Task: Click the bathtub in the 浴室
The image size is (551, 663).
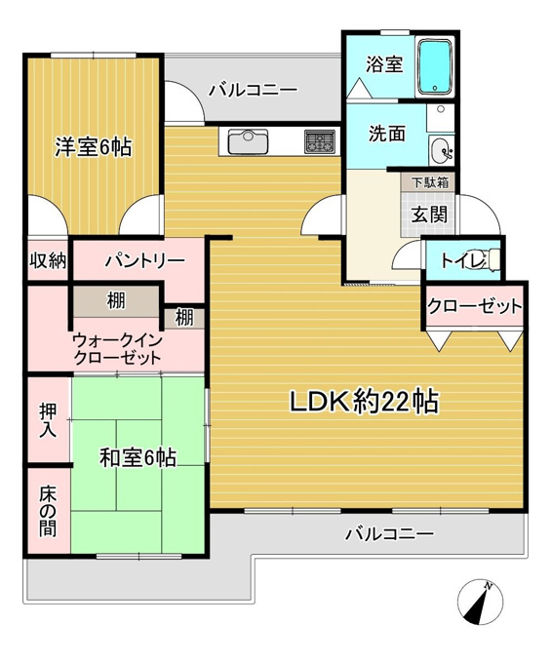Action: tap(435, 67)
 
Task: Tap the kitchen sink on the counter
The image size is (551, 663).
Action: tap(249, 141)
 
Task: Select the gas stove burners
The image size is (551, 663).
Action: tap(320, 141)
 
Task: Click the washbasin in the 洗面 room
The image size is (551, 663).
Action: tap(442, 150)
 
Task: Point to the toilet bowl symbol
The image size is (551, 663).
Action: tap(490, 258)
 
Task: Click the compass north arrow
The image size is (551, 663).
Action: tap(480, 602)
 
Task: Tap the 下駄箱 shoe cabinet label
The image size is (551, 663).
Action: tap(430, 182)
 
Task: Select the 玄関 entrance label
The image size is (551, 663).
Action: tap(429, 214)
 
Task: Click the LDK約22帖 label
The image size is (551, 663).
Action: tap(364, 402)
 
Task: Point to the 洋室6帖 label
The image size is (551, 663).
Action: tap(93, 147)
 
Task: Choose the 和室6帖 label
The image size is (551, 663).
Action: tap(138, 457)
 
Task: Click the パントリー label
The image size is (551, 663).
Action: tap(145, 260)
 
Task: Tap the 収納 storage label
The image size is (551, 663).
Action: tap(48, 260)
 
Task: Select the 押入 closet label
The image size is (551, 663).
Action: tap(48, 420)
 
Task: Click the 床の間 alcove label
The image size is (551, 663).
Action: tap(48, 512)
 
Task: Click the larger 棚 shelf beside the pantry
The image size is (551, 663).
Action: tap(116, 301)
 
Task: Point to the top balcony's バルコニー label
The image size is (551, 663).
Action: tap(254, 90)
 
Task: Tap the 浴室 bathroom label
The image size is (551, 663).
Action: tap(384, 64)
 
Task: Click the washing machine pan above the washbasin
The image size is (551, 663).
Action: tap(440, 118)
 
